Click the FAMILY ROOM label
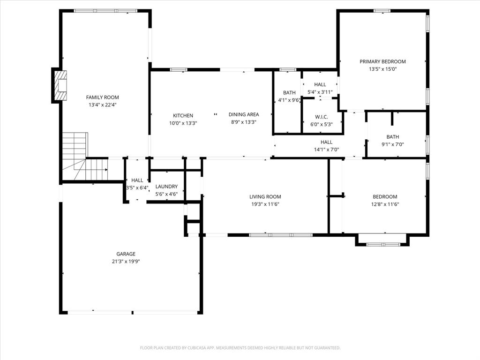click(102, 97)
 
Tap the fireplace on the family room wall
click(60, 85)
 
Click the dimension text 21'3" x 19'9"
click(126, 262)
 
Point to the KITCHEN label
click(183, 116)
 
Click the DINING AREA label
click(243, 114)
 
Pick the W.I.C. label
click(321, 117)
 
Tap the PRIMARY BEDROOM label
click(382, 61)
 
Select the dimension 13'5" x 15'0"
click(382, 69)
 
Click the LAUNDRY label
click(166, 187)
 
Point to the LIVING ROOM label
click(265, 197)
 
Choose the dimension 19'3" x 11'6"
click(265, 204)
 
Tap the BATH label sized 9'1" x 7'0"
click(392, 137)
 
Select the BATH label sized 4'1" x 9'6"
click(289, 93)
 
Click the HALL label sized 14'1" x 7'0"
click(326, 142)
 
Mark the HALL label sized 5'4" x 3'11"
click(320, 84)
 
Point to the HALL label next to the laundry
click(137, 180)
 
